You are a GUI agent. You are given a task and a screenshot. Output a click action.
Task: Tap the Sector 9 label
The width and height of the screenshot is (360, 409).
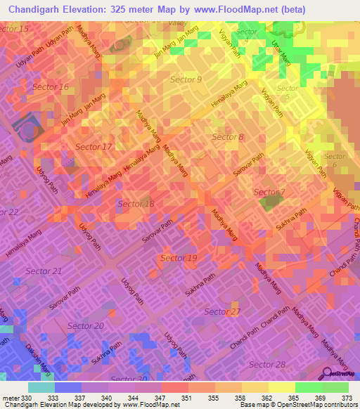(185, 79)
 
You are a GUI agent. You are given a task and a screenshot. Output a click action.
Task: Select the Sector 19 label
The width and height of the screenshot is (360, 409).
(179, 258)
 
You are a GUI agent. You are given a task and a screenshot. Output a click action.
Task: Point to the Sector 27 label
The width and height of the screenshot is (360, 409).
(222, 311)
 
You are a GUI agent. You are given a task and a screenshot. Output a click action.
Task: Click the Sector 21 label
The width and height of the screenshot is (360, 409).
(44, 271)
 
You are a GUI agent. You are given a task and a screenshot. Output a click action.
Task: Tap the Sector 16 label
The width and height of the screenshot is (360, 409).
(51, 87)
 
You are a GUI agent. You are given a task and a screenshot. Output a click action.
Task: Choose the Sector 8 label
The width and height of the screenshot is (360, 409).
(228, 137)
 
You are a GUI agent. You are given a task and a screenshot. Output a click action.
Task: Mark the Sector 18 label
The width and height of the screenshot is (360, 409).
(136, 204)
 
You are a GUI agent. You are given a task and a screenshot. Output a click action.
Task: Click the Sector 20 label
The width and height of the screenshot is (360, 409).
(86, 325)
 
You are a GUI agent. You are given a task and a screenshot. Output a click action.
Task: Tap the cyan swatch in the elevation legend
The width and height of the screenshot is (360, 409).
(41, 387)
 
